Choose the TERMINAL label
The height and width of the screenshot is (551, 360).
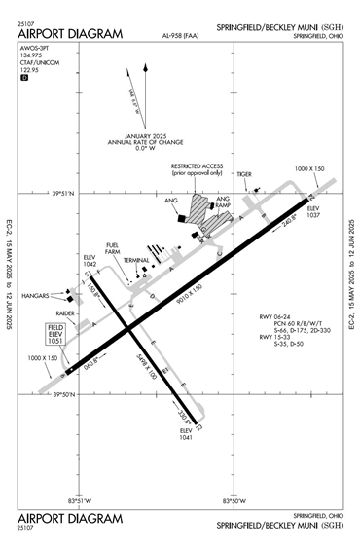(x=136, y=261)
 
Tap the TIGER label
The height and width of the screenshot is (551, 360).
(x=244, y=175)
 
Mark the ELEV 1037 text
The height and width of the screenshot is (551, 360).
(x=313, y=211)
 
